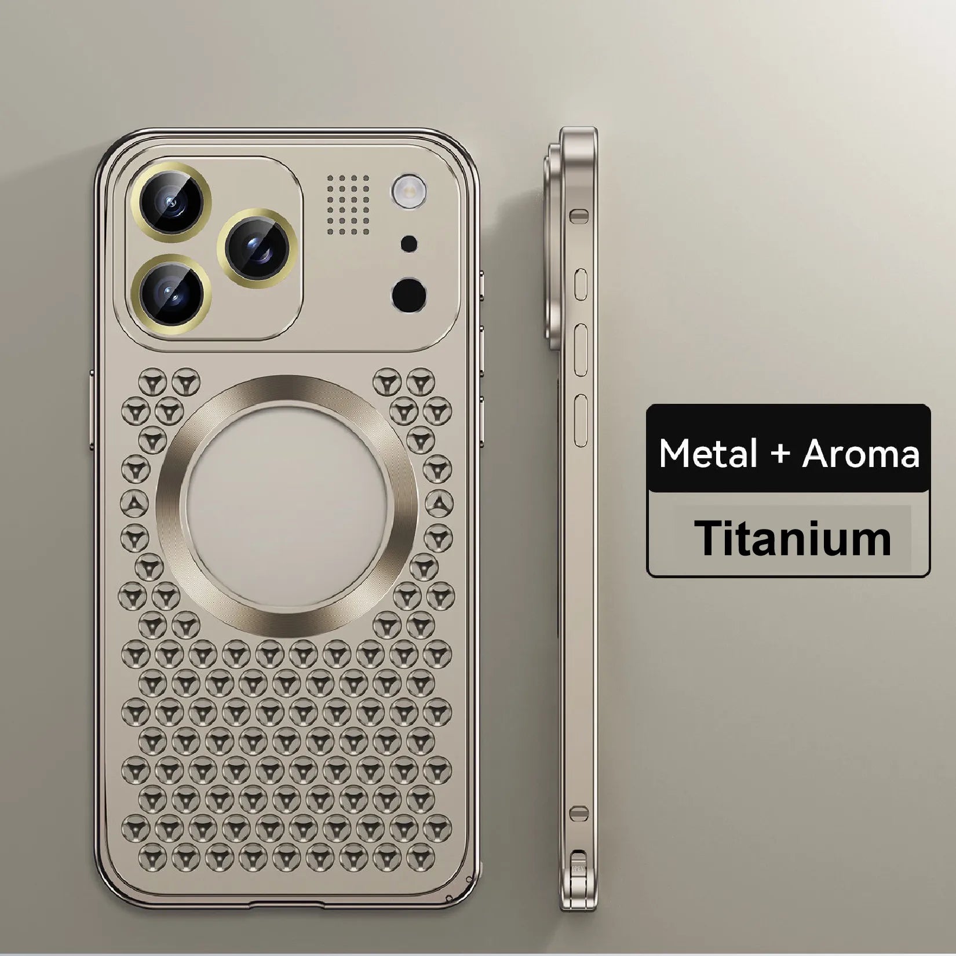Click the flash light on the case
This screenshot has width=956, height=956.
coord(409,190)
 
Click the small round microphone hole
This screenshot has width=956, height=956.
coord(409,243)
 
